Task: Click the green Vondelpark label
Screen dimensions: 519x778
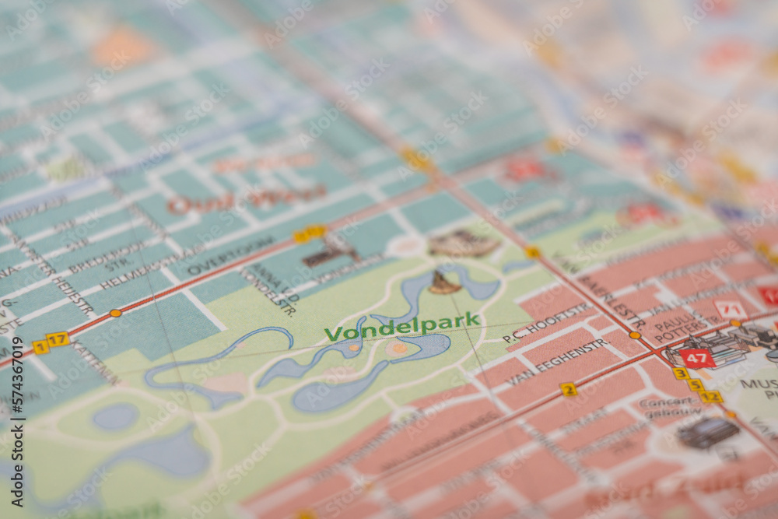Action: [x=402, y=326]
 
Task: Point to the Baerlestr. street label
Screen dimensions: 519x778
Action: [x=612, y=300]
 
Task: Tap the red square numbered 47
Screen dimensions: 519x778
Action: [x=696, y=358]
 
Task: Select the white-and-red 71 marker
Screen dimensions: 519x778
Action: [x=730, y=310]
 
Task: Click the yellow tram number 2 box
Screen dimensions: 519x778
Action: [x=569, y=389]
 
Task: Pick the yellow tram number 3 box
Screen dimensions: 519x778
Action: [x=681, y=373]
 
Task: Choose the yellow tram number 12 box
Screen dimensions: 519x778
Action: [x=710, y=397]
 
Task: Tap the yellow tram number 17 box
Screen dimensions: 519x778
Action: [x=58, y=339]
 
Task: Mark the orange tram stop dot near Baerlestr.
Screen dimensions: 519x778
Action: [x=635, y=335]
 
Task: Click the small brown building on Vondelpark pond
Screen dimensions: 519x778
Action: [x=443, y=283]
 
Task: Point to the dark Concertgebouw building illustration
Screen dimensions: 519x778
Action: [x=707, y=433]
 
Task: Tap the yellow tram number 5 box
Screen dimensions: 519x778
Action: [x=695, y=385]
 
